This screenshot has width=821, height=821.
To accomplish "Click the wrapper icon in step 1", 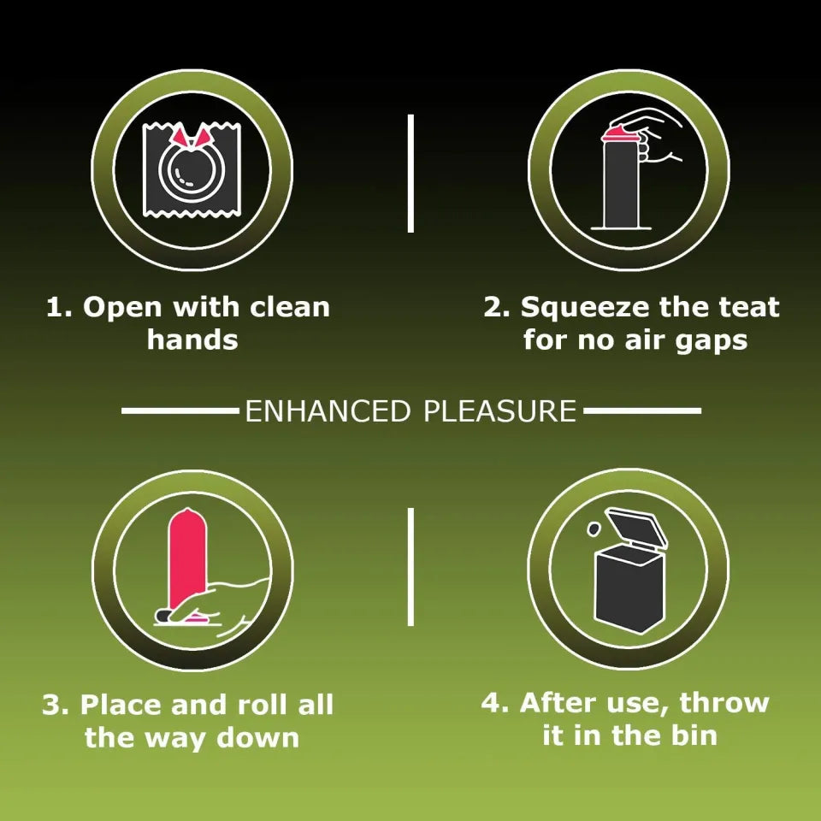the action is point(192,169).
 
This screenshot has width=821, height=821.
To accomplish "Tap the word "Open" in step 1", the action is point(122,308).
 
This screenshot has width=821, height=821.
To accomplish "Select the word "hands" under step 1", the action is point(192,340).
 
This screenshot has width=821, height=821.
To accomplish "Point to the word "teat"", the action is point(749,307).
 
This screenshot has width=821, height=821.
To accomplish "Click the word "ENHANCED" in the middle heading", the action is point(328,411).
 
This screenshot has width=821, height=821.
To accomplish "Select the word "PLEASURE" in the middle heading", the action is point(499,411).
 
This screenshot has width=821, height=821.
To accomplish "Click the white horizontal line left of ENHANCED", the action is point(180,411).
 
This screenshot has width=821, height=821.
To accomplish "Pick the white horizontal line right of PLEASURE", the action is point(642,411).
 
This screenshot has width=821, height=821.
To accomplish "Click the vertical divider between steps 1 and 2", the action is point(410,174).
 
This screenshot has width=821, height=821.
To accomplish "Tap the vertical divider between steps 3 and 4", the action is point(410,566).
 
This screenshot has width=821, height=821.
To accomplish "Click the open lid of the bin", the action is point(636,527).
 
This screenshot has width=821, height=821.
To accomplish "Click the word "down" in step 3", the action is point(258,737).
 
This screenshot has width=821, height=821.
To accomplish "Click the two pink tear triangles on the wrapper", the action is point(192,136).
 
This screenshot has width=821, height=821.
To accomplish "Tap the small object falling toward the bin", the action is point(594,529).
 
